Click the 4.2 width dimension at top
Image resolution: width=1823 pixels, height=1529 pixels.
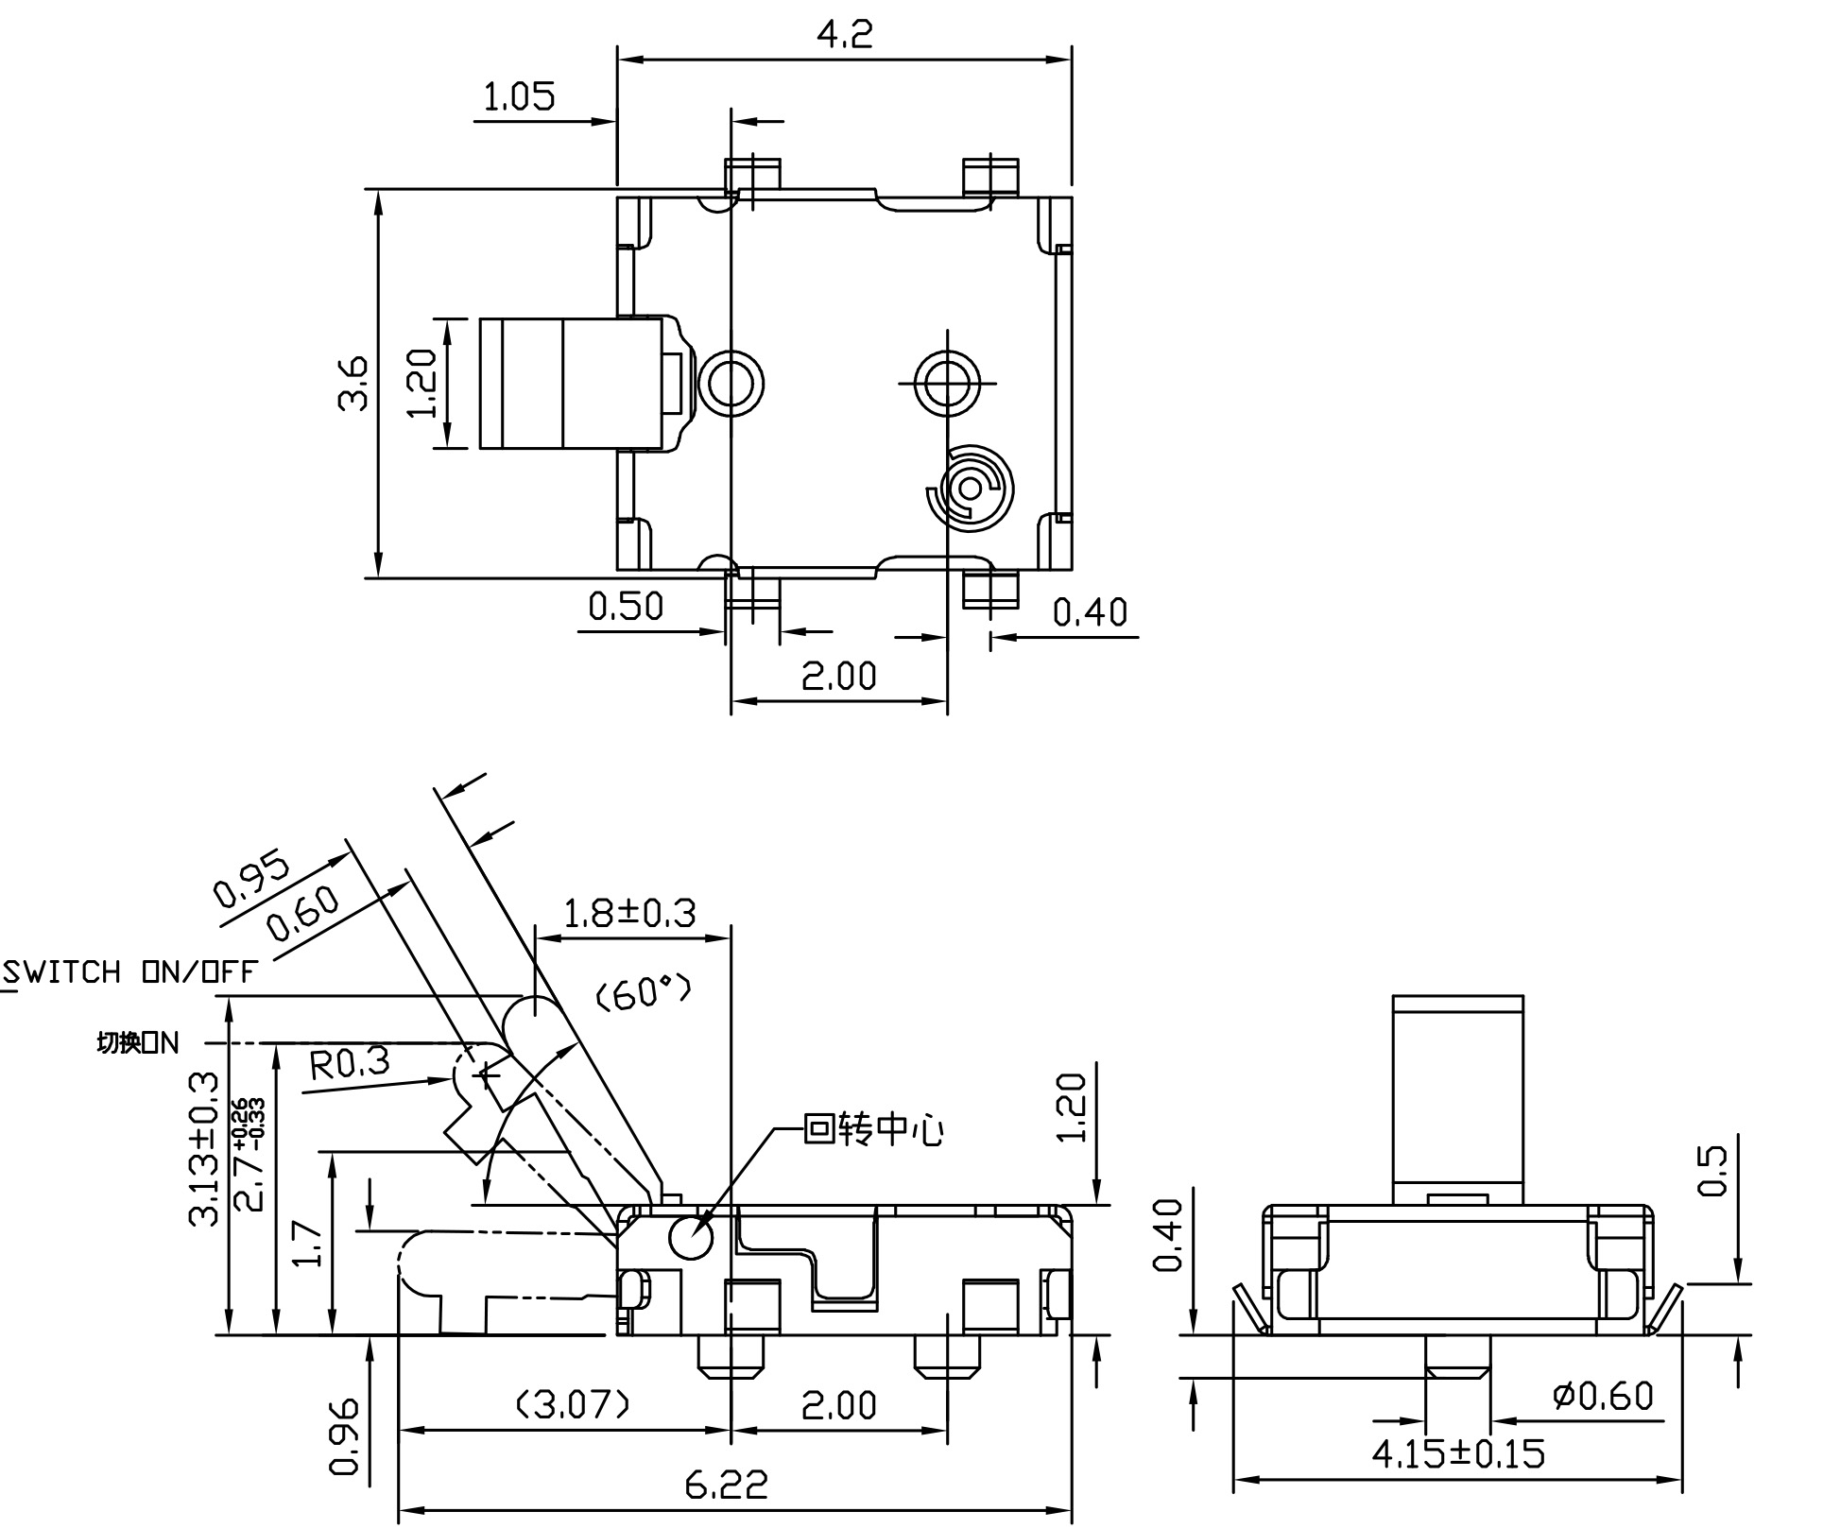coord(844,35)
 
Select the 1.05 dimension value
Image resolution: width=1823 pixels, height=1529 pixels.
coord(519,97)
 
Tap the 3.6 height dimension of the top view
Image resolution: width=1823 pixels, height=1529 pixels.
coord(353,383)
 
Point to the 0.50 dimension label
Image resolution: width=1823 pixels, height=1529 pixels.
coord(626,606)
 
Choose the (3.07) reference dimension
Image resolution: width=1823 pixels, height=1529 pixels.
coord(573,1405)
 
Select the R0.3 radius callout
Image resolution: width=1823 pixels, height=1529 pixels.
coord(350,1063)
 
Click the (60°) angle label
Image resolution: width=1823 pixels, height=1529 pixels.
coord(644,992)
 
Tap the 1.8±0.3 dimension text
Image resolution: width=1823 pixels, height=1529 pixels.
coord(629,914)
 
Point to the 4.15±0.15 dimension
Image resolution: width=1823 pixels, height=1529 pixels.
coord(1458,1453)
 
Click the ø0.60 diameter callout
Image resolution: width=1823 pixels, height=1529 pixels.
coord(1603,1396)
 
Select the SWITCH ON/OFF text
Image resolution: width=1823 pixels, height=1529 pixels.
coord(130,972)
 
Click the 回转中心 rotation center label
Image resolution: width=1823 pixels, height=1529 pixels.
coord(872,1129)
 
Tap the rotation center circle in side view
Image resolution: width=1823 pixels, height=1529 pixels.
coord(691,1238)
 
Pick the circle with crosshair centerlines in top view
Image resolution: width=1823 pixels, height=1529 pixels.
coord(947,383)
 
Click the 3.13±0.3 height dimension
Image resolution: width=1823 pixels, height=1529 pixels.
coord(205,1149)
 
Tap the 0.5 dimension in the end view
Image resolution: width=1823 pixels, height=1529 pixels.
coord(1711,1171)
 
